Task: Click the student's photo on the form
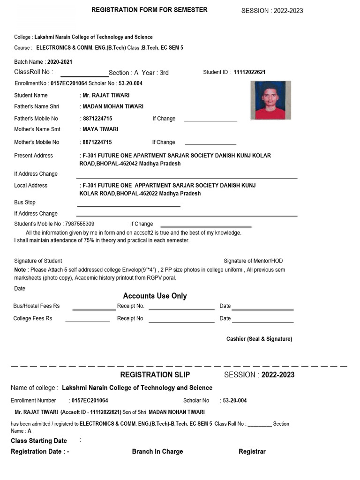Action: [x=270, y=100]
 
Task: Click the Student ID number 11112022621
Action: [x=249, y=72]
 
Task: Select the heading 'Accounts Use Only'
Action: [x=155, y=296]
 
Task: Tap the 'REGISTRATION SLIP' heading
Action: [x=155, y=375]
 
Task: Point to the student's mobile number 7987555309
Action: [x=80, y=224]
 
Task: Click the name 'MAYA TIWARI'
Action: [x=100, y=129]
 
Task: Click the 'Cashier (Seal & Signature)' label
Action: [x=259, y=339]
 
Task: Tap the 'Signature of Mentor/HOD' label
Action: [x=253, y=261]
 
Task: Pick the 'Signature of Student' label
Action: [x=38, y=261]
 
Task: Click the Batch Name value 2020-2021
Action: [x=60, y=62]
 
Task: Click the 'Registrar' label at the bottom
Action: [x=252, y=451]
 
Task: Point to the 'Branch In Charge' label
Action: [x=157, y=451]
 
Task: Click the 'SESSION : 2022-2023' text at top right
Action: [x=272, y=11]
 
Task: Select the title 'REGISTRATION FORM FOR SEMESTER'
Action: [x=149, y=10]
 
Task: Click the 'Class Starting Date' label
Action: [x=39, y=441]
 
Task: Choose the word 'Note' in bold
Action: [x=20, y=270]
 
